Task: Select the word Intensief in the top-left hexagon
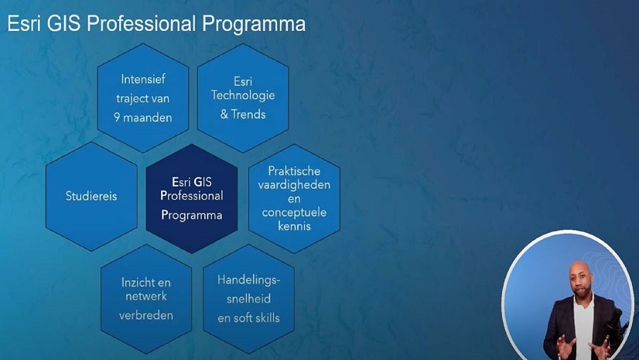pos(143,79)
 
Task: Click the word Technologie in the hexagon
pos(243,97)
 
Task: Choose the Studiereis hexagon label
pos(91,196)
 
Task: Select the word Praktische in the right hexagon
pos(294,170)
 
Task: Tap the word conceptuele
pos(294,212)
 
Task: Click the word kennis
pos(294,226)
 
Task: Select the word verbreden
pos(145,315)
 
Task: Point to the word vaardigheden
pos(294,184)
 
